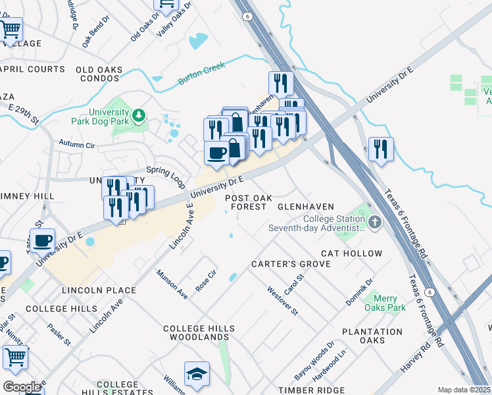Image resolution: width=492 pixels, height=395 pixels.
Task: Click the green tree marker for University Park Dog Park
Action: [x=138, y=117]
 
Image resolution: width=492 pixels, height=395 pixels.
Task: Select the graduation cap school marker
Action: [x=197, y=375]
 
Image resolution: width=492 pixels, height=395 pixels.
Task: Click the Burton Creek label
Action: [x=202, y=74]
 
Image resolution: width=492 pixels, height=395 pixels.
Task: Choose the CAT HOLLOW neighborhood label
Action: [x=351, y=253]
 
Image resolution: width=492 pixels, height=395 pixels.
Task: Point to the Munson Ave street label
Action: [x=172, y=284]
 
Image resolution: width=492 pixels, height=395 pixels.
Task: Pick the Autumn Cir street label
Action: [x=77, y=143]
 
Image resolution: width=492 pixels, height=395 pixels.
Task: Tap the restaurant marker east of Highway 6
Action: [x=381, y=149]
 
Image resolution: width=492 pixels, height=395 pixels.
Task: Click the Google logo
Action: [x=22, y=386]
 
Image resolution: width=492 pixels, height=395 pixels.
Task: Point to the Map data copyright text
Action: [x=464, y=390]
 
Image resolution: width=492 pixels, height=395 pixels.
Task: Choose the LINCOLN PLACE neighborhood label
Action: [x=99, y=290]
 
